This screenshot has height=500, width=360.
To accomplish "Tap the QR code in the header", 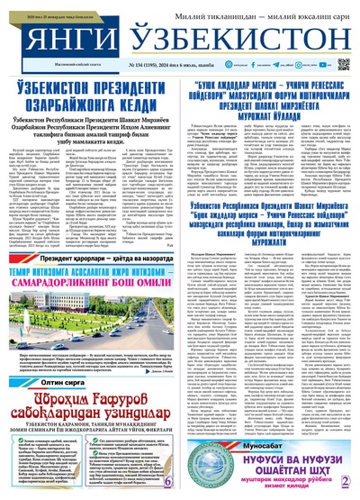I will [343, 65].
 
